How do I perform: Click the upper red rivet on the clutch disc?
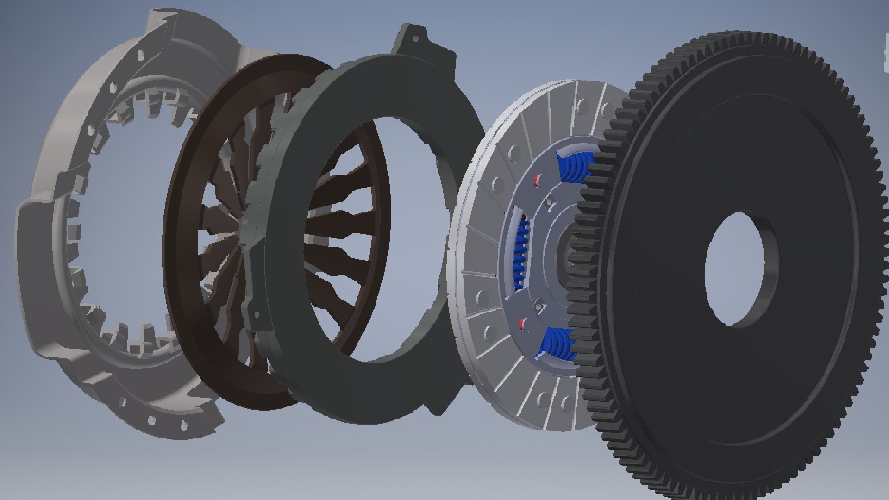tap(537, 180)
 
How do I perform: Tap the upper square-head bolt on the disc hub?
tap(549, 202)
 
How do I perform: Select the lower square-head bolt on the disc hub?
tap(538, 304)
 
